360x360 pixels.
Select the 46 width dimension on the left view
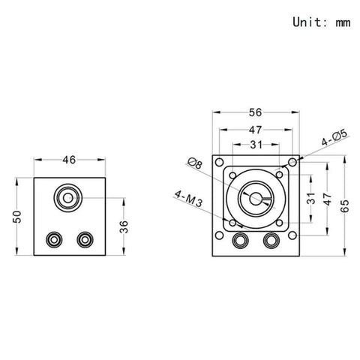[x=70, y=160]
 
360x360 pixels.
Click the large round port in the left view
[x=69, y=198]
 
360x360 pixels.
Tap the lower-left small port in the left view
[x=54, y=239]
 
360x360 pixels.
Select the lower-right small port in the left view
[x=85, y=239]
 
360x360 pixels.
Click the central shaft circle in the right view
[x=255, y=199]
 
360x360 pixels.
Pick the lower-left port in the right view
[x=241, y=241]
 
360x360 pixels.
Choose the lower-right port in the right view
[x=271, y=241]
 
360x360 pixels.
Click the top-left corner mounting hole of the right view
[x=218, y=163]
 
